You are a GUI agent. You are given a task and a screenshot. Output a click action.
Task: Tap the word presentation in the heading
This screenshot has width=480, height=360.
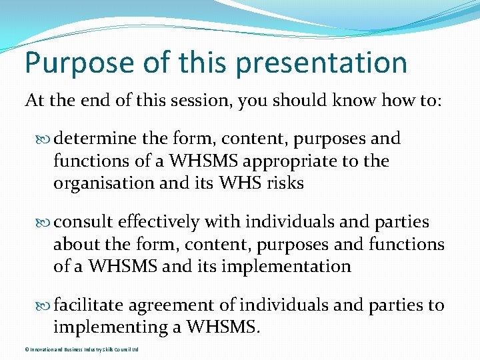pos(321,63)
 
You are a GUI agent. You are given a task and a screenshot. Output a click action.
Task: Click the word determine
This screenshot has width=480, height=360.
pos(94,139)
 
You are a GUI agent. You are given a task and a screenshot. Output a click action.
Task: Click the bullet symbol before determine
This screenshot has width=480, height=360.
pos(45,139)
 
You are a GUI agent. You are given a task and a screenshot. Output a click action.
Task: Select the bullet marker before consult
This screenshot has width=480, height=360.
pos(45,223)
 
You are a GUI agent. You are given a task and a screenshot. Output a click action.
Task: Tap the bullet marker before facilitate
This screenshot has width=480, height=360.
pos(45,306)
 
